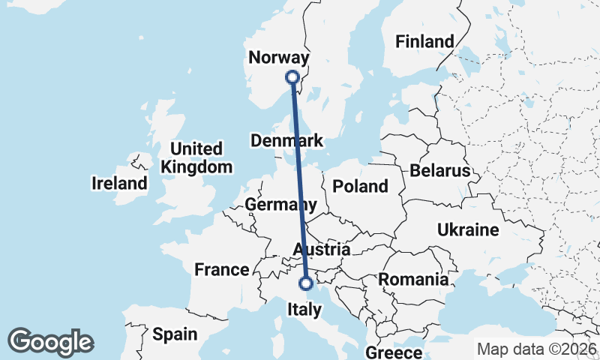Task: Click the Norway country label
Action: pos(278,58)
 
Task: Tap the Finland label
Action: pos(425,41)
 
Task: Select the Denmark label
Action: pos(287,141)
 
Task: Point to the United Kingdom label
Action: pos(197,157)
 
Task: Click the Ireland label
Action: pos(120,183)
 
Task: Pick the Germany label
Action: pos(280,205)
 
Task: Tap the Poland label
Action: pos(361,186)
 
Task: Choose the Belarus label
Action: pos(439,171)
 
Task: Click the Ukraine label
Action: pos(468,229)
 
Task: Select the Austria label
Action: pos(322,249)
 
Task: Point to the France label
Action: pos(221,269)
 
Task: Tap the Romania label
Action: pos(413,280)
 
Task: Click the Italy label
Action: pos(305,309)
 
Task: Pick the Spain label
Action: pos(174,334)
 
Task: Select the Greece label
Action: pos(394,352)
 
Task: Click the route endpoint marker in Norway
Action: pos(292,76)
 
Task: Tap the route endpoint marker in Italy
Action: pos(306,283)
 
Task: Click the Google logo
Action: pos(50,342)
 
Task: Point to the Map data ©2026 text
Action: pos(537,349)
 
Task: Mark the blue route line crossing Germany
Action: pos(300,195)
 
